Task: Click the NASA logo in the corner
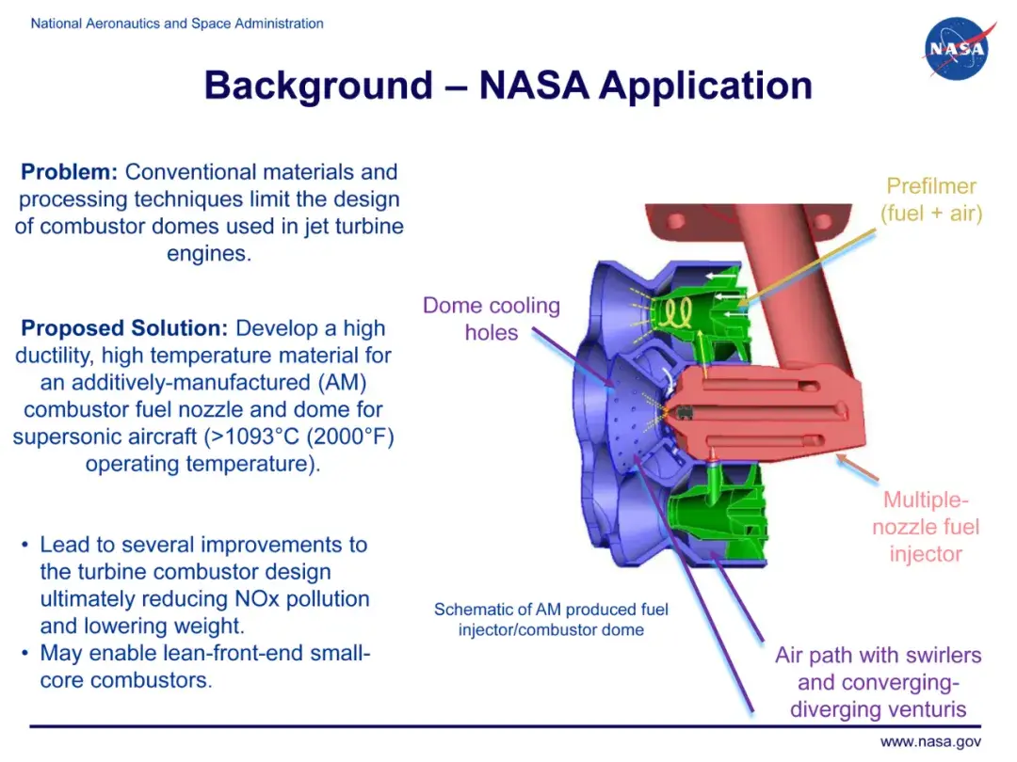[957, 49]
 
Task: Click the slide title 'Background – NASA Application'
[508, 86]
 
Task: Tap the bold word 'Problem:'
[70, 172]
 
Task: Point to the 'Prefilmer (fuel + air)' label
[930, 199]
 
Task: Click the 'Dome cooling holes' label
[491, 318]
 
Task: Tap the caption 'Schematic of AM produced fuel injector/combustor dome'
[551, 619]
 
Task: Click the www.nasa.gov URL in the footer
[930, 742]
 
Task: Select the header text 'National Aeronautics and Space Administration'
[177, 24]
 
